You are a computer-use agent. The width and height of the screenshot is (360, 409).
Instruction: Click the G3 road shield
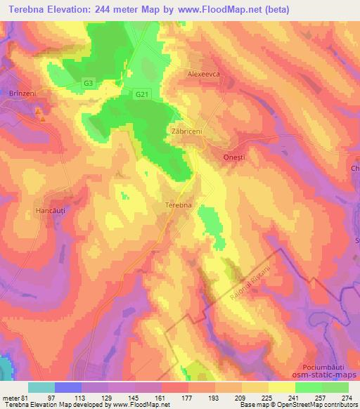pos(88,83)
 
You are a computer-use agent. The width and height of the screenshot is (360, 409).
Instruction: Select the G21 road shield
pos(142,93)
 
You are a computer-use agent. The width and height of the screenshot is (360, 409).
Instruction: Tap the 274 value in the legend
pos(347,398)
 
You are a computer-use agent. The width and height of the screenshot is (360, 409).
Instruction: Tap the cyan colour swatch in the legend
pos(41,387)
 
